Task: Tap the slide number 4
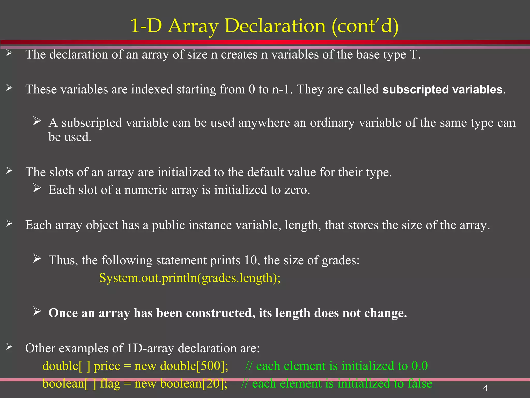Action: coord(485,388)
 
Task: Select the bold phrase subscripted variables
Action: coord(442,90)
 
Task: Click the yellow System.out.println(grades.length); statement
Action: coord(190,278)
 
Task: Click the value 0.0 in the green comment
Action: coord(419,366)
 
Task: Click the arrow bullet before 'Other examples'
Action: coord(9,346)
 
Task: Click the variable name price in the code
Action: coord(107,366)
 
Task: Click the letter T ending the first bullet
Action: coord(413,55)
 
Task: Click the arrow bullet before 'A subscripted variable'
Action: coord(37,121)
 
